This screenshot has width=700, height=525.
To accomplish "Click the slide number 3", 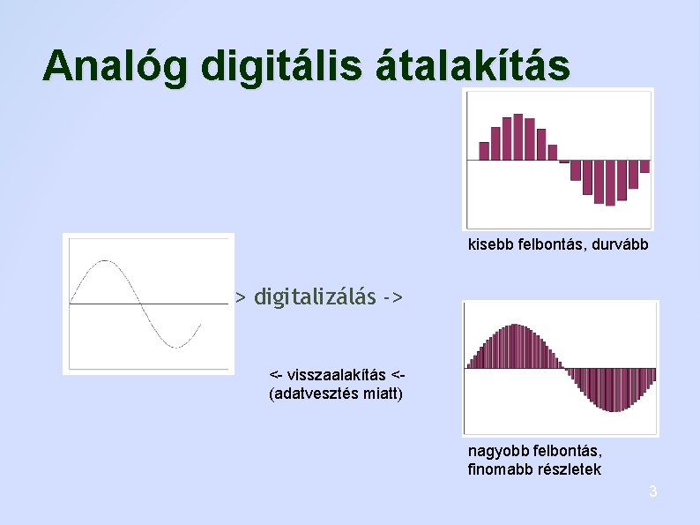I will [x=652, y=491].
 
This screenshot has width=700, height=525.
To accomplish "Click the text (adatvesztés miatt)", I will [x=335, y=394].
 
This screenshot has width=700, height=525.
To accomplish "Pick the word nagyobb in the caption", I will [x=493, y=453].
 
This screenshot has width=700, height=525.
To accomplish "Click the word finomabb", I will [x=498, y=469].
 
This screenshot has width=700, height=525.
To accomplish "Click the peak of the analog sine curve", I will [x=106, y=261].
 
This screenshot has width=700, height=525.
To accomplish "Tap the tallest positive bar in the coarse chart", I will [x=518, y=137].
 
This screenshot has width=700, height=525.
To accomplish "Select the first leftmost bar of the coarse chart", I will [x=484, y=151].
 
